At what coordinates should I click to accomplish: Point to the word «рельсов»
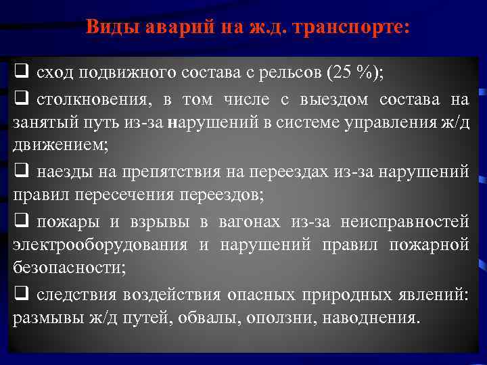(286, 71)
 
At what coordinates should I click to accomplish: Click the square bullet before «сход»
(20, 70)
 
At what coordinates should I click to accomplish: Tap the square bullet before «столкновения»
(20, 99)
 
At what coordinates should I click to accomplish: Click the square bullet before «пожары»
(20, 220)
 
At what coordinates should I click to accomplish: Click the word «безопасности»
(68, 267)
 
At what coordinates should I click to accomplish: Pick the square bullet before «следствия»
(20, 293)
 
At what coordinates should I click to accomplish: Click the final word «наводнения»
(371, 318)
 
